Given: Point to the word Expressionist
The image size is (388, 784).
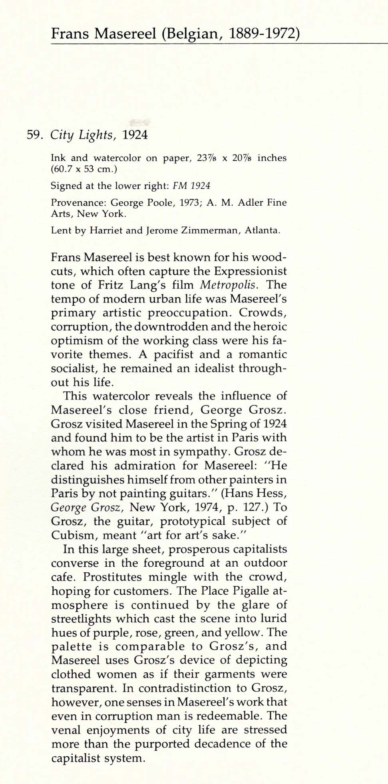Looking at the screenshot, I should coord(250,271).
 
